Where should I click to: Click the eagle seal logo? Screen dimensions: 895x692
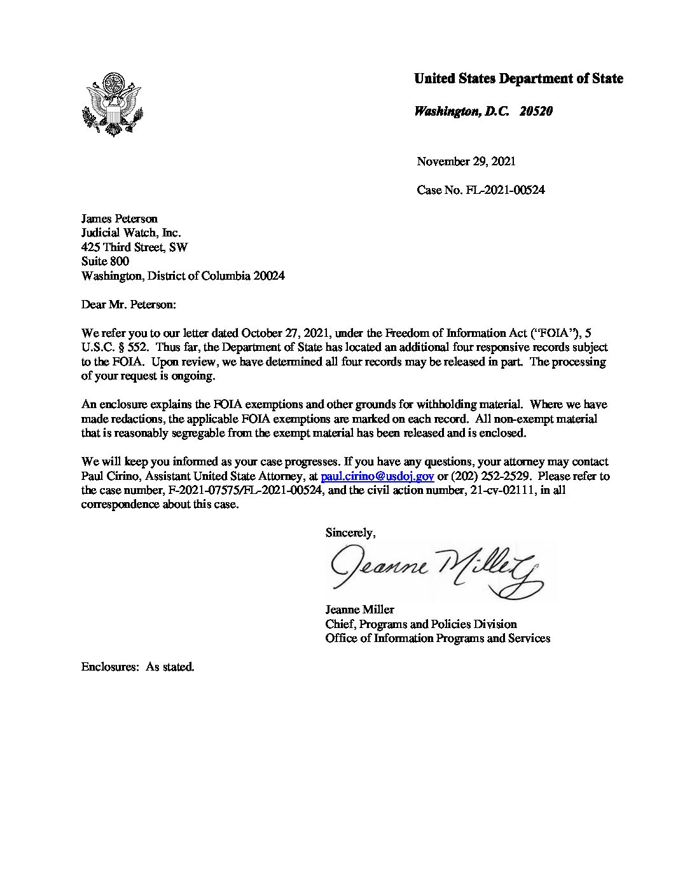pos(113,104)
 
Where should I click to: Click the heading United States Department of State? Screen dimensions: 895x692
pos(518,79)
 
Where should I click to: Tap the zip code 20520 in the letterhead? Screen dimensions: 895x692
pos(536,111)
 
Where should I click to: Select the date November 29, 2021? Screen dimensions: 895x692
pos(466,161)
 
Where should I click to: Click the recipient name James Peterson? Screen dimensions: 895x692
pos(120,219)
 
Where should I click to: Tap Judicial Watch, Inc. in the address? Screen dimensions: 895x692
pos(131,233)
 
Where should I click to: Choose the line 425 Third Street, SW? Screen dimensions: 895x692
pos(134,247)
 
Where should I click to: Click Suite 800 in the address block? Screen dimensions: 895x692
pos(105,261)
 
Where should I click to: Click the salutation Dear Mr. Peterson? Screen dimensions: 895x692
pos(128,304)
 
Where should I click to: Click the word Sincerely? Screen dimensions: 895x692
pos(350,533)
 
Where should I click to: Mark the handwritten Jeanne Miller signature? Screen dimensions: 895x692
pos(439,570)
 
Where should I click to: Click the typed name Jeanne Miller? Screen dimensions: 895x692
pos(359,610)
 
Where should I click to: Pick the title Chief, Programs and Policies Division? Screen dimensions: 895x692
pos(420,624)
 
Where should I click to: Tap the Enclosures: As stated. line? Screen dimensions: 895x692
pos(137,667)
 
